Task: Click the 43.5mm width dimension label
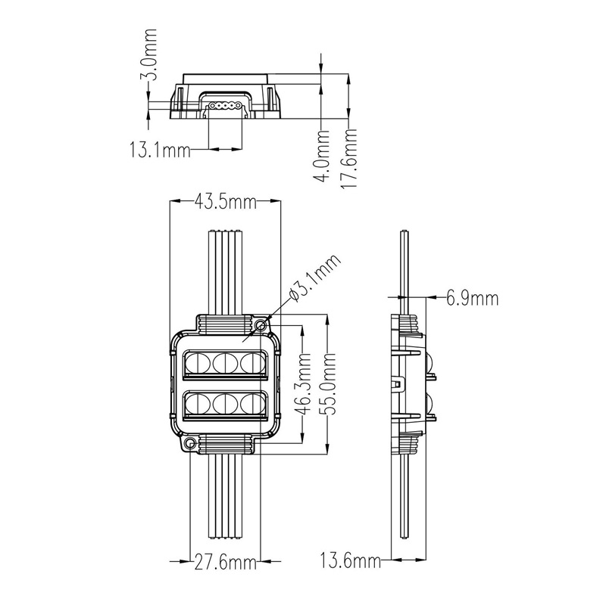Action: [225, 201]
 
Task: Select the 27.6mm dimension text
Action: [225, 562]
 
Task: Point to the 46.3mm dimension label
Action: [302, 383]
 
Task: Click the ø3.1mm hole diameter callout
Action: [315, 277]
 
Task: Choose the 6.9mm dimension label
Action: [472, 298]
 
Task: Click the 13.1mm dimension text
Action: [160, 150]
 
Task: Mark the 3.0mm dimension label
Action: [149, 54]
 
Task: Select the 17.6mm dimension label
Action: [348, 159]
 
